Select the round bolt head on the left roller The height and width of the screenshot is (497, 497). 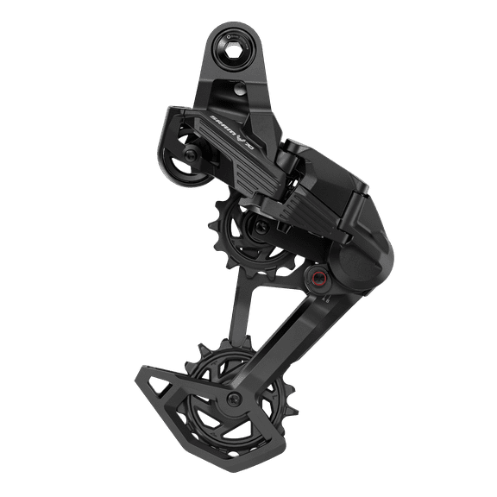[x=188, y=154]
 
